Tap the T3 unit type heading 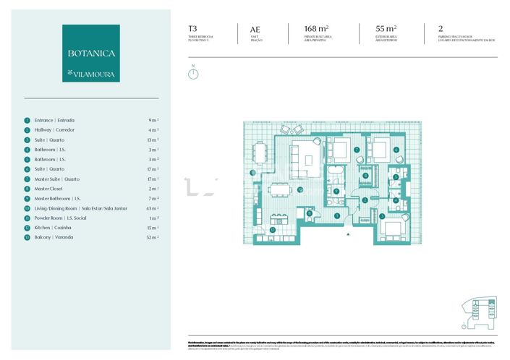tap(192, 30)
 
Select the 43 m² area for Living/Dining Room tap(152, 208)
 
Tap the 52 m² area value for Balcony tap(152, 237)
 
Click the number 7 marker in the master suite tap(357, 150)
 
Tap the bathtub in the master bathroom tap(335, 174)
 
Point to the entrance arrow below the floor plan tap(350, 233)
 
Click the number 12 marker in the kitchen tap(272, 229)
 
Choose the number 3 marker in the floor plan tap(382, 215)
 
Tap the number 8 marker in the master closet tap(366, 176)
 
